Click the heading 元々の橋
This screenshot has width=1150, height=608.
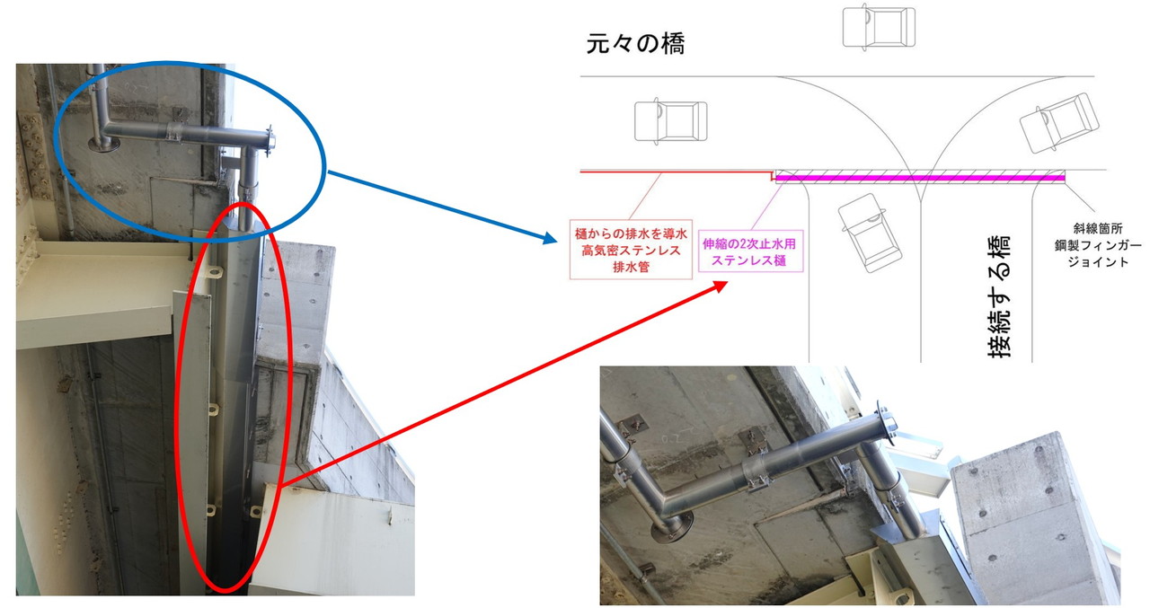pos(635,44)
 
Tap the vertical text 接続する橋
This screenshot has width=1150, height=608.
pos(999,296)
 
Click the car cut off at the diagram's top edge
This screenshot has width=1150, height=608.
pos(879,26)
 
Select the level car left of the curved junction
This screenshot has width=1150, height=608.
pos(670,120)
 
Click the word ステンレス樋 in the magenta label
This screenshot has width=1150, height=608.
pos(749,260)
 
